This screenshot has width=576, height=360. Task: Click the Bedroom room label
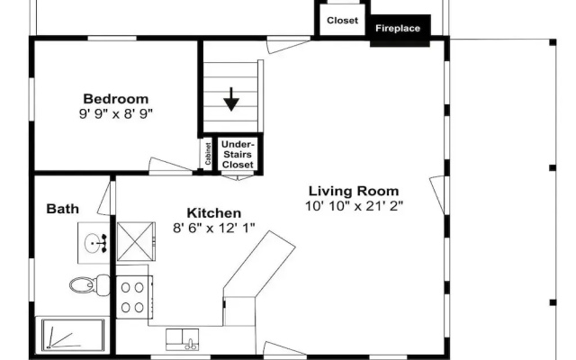(116, 99)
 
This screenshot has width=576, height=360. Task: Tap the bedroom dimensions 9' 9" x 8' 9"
(116, 114)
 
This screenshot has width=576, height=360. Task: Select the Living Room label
(354, 191)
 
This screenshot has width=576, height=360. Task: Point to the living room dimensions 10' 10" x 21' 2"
(354, 206)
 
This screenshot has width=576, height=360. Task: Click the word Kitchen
(214, 213)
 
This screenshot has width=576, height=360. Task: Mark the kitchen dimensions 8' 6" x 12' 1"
(214, 228)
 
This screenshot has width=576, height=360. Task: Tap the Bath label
(62, 209)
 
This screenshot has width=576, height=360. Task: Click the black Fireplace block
(400, 31)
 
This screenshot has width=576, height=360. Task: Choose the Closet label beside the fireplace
(342, 21)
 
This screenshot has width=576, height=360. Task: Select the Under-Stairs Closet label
(238, 154)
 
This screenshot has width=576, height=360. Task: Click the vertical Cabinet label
(208, 154)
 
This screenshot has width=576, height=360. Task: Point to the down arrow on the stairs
(231, 99)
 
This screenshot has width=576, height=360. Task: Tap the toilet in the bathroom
(90, 284)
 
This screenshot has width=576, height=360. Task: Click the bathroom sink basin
(93, 243)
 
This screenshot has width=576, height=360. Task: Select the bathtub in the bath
(73, 334)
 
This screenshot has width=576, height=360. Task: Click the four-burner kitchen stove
(134, 297)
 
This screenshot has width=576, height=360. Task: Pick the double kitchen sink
(182, 339)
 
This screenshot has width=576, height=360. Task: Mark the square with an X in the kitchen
(136, 242)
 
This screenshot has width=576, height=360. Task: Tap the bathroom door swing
(106, 198)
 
